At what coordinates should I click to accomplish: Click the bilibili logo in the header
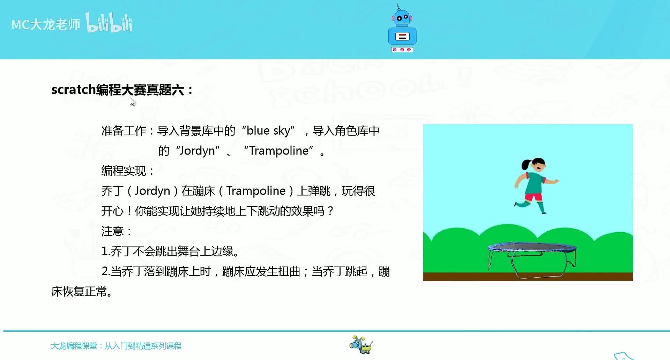109,23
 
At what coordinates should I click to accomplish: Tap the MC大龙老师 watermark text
46,24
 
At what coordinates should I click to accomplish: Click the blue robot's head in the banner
402,17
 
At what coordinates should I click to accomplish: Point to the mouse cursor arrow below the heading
132,102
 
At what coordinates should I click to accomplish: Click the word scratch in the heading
73,90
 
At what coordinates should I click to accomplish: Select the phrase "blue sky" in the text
268,131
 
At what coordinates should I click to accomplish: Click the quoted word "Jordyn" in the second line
198,151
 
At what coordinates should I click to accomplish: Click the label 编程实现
124,171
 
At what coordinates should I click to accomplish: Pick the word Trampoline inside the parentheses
256,191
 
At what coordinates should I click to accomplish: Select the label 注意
113,231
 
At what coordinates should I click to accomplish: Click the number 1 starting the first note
104,251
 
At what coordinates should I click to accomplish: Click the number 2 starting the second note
104,271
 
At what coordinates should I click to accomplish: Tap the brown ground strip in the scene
528,277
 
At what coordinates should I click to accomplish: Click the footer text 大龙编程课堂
74,346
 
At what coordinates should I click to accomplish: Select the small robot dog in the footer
361,345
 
